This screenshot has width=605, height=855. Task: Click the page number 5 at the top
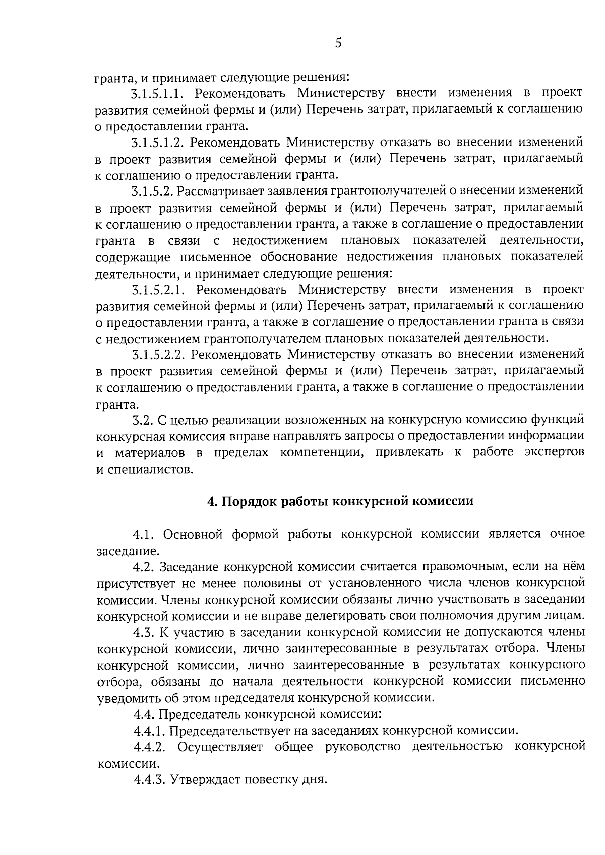pos(338,44)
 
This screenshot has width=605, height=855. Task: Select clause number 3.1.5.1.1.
pos(159,93)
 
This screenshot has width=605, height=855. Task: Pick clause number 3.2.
pos(141,420)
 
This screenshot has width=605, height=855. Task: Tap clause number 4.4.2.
pos(150,747)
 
